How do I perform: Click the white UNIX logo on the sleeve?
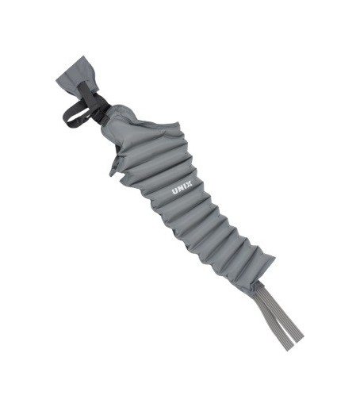[x=182, y=187]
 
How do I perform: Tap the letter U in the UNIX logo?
[x=175, y=191]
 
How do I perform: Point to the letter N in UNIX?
[x=181, y=188]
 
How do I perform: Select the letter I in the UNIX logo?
[x=185, y=186]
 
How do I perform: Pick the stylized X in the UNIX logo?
[x=190, y=183]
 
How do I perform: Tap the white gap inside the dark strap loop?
[x=77, y=113]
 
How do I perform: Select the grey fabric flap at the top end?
[x=78, y=75]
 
